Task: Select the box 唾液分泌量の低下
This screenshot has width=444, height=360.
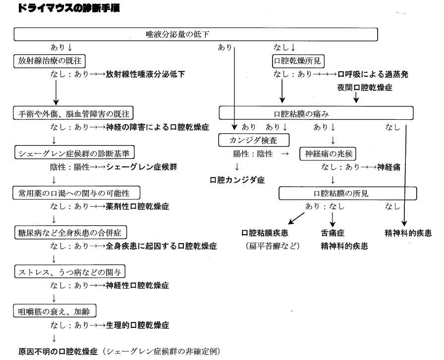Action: pyautogui.click(x=196, y=34)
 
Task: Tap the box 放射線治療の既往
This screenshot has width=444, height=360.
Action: pyautogui.click(x=49, y=61)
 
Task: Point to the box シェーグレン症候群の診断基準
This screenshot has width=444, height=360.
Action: pyautogui.click(x=74, y=152)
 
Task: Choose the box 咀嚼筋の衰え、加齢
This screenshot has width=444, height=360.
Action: pyautogui.click(x=54, y=311)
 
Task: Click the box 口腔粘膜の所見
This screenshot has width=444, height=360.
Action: pyautogui.click(x=347, y=193)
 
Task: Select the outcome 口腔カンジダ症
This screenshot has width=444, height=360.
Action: pyautogui.click(x=237, y=180)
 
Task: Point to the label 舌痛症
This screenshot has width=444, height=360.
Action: pyautogui.click(x=333, y=232)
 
